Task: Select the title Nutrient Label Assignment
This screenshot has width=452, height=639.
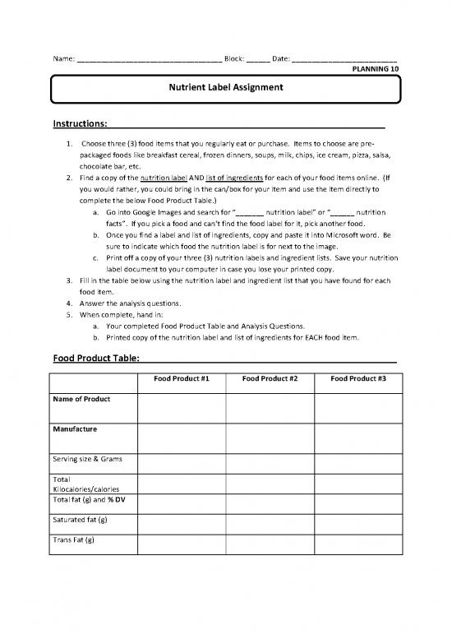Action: [x=226, y=86]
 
